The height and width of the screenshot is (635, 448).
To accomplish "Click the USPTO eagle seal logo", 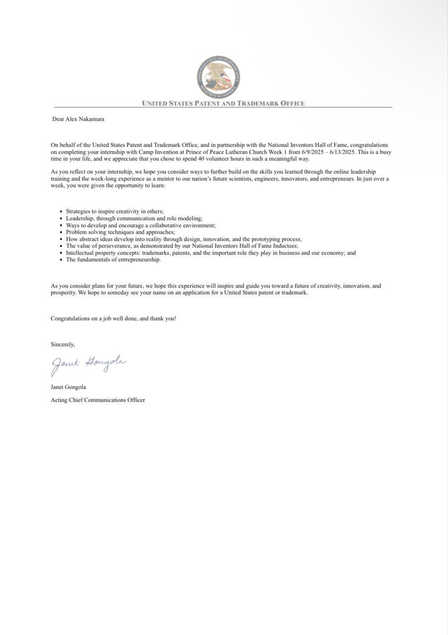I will [x=218, y=77].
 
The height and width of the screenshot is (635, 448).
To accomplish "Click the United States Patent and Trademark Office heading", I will [x=223, y=104].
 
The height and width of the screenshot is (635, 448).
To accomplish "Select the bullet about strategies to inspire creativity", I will [x=111, y=211].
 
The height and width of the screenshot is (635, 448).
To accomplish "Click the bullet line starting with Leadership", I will [x=134, y=218].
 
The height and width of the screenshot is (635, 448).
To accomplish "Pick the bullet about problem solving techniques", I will [x=120, y=232].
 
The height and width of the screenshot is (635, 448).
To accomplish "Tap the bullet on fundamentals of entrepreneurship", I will [x=113, y=259].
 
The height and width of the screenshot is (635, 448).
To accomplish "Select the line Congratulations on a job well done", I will [x=113, y=318].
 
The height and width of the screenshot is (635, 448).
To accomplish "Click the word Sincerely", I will [x=63, y=344].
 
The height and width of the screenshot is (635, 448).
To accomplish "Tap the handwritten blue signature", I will [x=88, y=364].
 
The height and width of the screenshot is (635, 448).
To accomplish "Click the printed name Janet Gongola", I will [x=68, y=387].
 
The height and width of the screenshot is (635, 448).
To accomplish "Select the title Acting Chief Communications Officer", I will [x=98, y=400].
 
